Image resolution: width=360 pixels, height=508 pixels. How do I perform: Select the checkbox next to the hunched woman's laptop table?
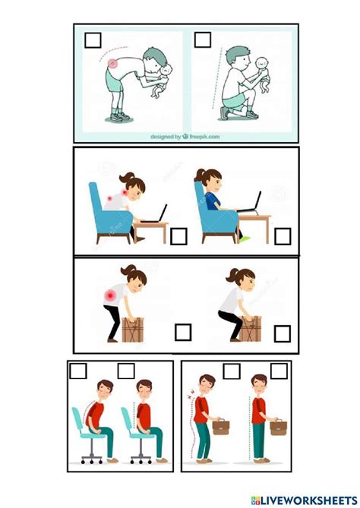[x=178, y=236]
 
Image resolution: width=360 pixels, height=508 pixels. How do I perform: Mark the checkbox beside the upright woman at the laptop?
[x=282, y=236]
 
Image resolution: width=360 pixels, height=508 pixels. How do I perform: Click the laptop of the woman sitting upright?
[x=251, y=204]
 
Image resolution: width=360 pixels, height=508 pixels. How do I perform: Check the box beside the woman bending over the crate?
[x=183, y=333]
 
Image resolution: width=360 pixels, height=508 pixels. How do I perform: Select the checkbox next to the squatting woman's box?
[x=283, y=333]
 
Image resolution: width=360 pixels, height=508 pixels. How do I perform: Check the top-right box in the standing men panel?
[x=279, y=371]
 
